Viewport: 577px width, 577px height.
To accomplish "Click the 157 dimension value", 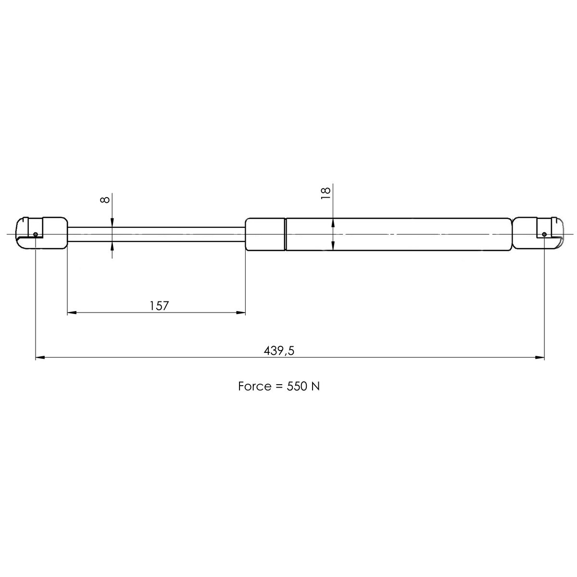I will (159, 305).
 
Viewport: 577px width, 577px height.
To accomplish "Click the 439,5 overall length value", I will (279, 351).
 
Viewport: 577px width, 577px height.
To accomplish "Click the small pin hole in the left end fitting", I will (36, 234).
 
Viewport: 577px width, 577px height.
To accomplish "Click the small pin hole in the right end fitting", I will (544, 234).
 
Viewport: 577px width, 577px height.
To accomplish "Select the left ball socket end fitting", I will (42, 233).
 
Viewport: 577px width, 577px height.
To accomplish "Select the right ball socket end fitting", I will (538, 233).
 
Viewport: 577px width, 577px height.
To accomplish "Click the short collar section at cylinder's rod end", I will (265, 234).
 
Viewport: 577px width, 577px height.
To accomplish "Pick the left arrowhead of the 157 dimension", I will (71, 313).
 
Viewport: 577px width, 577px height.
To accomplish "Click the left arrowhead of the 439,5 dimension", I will (40, 358).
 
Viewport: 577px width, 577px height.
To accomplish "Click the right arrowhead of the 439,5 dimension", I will (540, 358).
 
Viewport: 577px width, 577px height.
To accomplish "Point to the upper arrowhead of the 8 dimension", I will (112, 222).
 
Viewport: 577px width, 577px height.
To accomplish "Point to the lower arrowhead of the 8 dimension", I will (112, 247).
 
